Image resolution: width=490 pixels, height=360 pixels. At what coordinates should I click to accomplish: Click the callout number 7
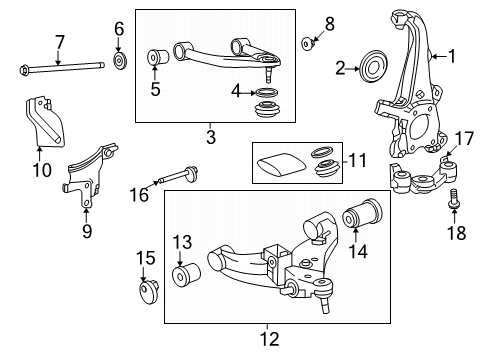(x=59, y=42)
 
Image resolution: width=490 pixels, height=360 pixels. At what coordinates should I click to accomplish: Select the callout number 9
(x=87, y=232)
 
